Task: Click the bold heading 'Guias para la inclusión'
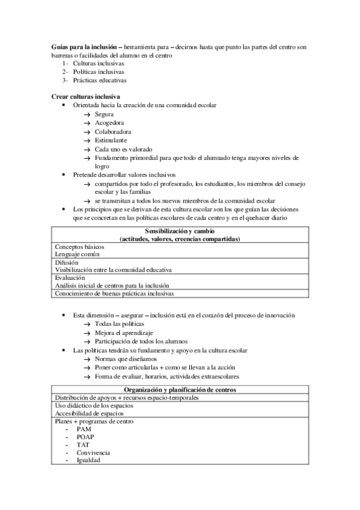pyautogui.click(x=83, y=47)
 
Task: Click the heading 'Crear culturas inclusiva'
pyautogui.click(x=86, y=97)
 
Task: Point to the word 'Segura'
pyautogui.click(x=105, y=114)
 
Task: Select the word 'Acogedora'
pyautogui.click(x=109, y=123)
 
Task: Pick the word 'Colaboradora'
pyautogui.click(x=113, y=131)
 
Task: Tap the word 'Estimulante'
pyautogui.click(x=111, y=140)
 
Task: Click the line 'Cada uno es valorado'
pyautogui.click(x=123, y=149)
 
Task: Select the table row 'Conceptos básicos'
pyautogui.click(x=79, y=247)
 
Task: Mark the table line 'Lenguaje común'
pyautogui.click(x=78, y=254)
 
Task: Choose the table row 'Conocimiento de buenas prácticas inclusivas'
pyautogui.click(x=114, y=293)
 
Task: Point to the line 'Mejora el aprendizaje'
pyautogui.click(x=124, y=333)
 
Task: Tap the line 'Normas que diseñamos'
pyautogui.click(x=124, y=358)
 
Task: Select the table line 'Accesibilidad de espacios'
pyautogui.click(x=90, y=413)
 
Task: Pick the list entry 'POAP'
pyautogui.click(x=85, y=437)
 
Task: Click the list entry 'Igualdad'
pyautogui.click(x=88, y=460)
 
